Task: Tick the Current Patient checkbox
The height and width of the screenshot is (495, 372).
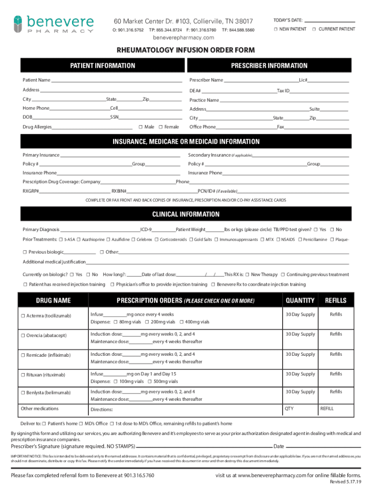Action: (x=314, y=29)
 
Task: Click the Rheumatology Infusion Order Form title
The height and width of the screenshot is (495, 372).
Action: (x=185, y=50)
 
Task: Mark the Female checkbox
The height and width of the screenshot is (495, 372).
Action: (x=160, y=127)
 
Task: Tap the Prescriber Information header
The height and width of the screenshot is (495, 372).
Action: (x=269, y=66)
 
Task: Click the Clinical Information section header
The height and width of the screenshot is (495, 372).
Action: (x=186, y=214)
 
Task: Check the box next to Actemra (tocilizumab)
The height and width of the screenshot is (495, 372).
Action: (x=22, y=316)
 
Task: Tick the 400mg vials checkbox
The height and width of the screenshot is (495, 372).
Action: (x=181, y=322)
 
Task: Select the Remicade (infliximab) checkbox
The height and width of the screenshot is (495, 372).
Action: (x=22, y=355)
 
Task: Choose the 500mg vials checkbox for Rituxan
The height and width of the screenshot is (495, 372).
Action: (x=150, y=381)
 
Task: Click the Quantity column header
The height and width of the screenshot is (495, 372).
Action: (x=300, y=301)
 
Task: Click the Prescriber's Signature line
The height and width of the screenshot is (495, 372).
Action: (x=203, y=447)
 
